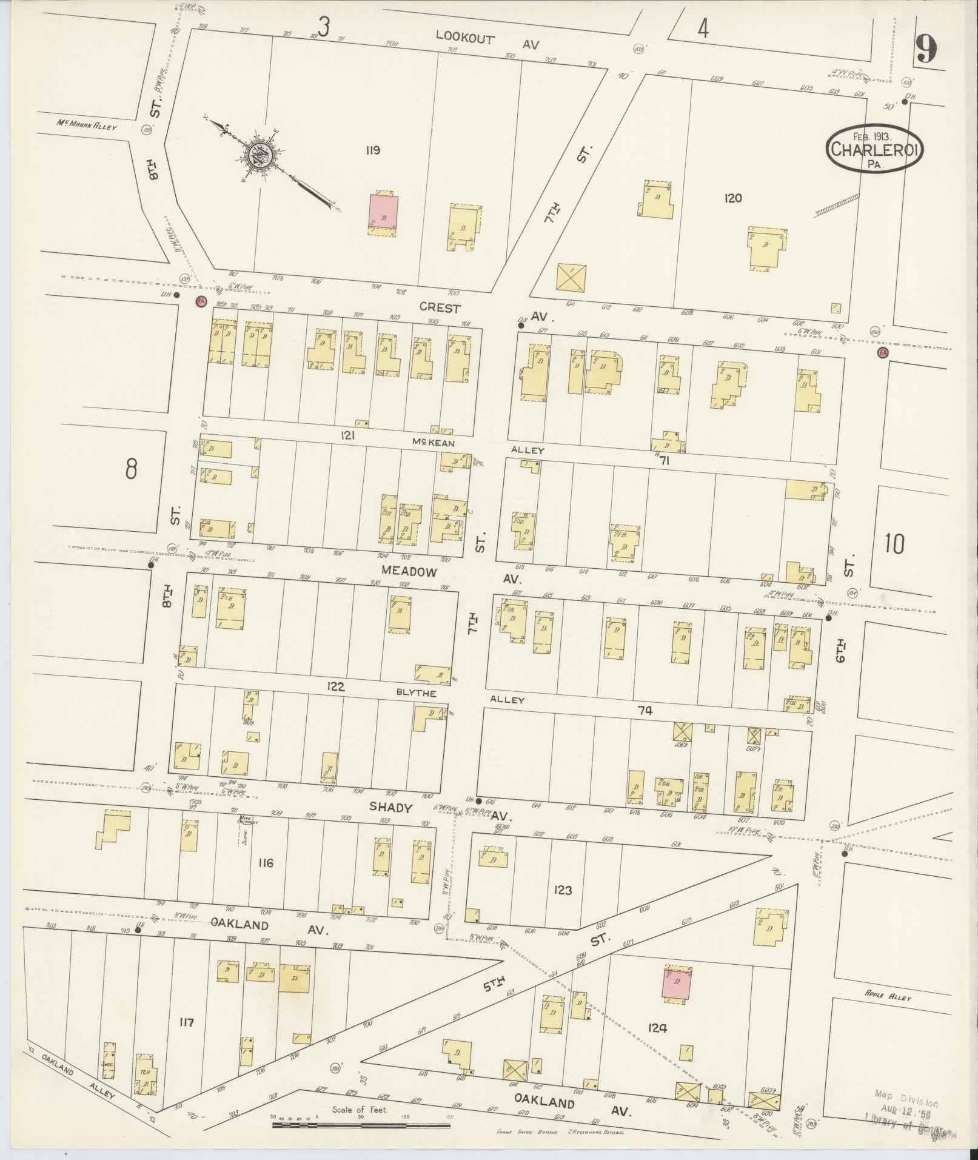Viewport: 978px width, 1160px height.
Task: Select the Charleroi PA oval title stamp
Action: pyautogui.click(x=874, y=149)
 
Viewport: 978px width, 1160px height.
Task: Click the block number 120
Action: pyautogui.click(x=732, y=198)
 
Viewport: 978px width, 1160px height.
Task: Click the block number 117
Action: pyautogui.click(x=186, y=1022)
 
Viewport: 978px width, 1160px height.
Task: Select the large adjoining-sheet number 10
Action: pyautogui.click(x=894, y=544)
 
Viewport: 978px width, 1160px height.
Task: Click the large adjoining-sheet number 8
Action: pyautogui.click(x=131, y=469)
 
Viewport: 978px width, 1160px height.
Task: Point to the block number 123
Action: pyautogui.click(x=563, y=890)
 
